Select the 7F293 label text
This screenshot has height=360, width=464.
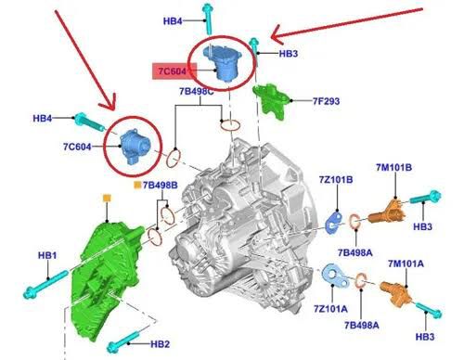[326, 101]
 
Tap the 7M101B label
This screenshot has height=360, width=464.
[393, 167]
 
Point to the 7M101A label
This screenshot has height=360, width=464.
[406, 264]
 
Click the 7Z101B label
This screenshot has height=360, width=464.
[336, 180]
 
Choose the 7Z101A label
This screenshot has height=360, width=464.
[330, 309]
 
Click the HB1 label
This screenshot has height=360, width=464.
[47, 255]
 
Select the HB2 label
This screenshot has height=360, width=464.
[161, 344]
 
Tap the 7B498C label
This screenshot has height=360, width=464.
[197, 92]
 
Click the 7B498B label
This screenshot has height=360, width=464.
[161, 186]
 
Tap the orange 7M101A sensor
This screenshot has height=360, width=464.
[396, 293]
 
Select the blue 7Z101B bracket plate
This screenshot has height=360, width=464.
[334, 222]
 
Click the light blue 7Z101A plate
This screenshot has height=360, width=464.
[336, 276]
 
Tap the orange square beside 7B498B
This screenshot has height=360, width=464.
[137, 186]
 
